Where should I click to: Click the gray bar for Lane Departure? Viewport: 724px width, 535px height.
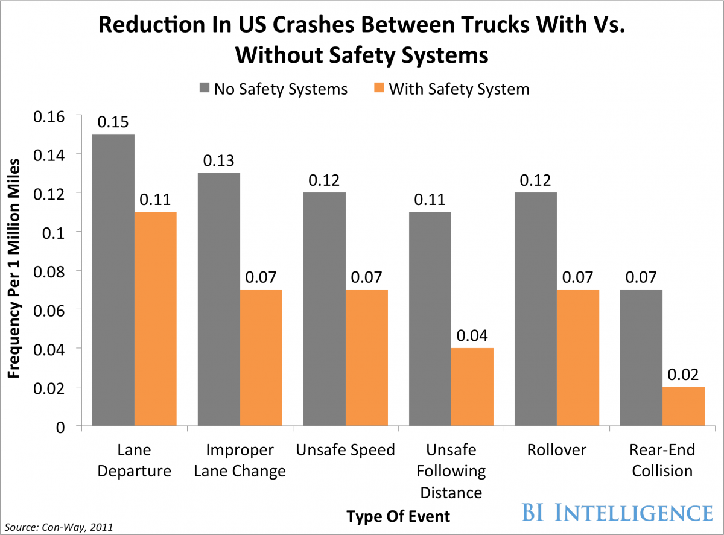[113, 280]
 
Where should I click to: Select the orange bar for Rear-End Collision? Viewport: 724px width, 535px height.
[684, 407]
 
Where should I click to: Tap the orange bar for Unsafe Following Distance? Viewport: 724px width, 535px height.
[472, 387]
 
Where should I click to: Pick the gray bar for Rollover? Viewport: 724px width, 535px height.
[536, 309]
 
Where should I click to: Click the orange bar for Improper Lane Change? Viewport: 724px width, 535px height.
[261, 358]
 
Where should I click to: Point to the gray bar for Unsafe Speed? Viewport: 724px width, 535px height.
[325, 309]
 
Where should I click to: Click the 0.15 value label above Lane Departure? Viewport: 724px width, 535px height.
[113, 122]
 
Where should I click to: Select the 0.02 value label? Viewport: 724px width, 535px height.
[684, 375]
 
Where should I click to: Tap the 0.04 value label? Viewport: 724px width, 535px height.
[472, 336]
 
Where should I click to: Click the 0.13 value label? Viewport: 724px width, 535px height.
[219, 161]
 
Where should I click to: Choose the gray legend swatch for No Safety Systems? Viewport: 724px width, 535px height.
[204, 89]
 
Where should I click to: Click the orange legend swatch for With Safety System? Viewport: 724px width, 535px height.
[378, 89]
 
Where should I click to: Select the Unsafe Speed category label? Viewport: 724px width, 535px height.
[345, 450]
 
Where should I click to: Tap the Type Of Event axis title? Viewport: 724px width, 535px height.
[398, 516]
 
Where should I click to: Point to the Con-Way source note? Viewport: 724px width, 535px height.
[57, 527]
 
